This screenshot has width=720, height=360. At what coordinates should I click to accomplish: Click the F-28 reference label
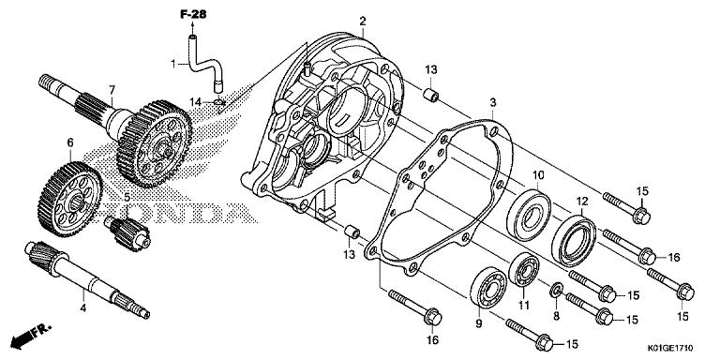click(x=193, y=14)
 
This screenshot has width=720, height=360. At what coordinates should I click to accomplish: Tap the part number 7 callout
click(x=112, y=90)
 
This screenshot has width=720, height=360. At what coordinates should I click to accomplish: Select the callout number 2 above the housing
click(x=363, y=22)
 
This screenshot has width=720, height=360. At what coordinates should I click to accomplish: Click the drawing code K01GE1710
click(x=670, y=348)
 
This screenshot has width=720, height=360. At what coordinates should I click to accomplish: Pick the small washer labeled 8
click(x=557, y=290)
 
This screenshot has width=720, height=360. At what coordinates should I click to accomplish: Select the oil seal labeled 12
click(x=573, y=242)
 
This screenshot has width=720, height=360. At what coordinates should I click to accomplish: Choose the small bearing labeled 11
click(x=523, y=269)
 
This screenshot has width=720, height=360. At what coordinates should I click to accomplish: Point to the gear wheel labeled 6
click(x=69, y=199)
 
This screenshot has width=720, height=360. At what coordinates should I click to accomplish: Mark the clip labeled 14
click(x=219, y=102)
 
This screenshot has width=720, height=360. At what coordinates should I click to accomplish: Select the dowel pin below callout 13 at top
click(x=431, y=96)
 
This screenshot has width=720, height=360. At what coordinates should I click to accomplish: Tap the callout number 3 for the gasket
click(x=493, y=102)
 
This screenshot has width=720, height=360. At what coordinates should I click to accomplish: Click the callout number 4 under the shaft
click(x=83, y=308)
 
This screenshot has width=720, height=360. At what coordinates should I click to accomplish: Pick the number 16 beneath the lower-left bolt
click(x=432, y=340)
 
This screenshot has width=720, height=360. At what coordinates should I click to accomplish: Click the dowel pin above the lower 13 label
click(x=352, y=232)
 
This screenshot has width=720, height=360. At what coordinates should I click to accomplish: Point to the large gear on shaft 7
click(x=155, y=143)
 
